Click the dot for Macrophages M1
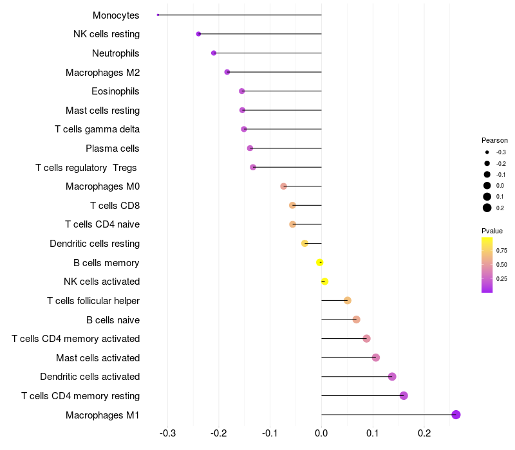456,415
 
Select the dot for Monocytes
158,15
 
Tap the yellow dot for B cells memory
320,262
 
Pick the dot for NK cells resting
198,34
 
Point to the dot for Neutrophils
214,53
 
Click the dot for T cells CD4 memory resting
404,395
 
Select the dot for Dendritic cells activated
392,377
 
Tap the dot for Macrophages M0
283,186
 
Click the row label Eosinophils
115,91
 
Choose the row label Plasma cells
112,148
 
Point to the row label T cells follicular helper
93,301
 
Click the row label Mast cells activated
98,357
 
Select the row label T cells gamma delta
97,129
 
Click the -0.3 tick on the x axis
167,433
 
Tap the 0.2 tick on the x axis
424,433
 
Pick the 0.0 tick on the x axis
321,433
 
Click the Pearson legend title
494,140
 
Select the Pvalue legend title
492,231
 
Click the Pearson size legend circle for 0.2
487,208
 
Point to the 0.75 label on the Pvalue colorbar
501,250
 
